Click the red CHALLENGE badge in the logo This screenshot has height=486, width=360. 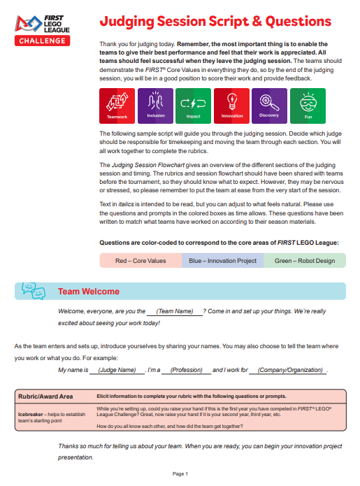pyautogui.click(x=42, y=41)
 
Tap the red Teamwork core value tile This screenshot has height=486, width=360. pyautogui.click(x=117, y=106)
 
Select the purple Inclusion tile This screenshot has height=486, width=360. pyautogui.click(x=155, y=106)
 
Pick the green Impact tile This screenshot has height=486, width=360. pyautogui.click(x=194, y=106)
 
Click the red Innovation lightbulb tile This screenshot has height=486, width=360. pyautogui.click(x=232, y=106)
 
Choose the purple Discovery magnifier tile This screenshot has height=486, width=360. pyautogui.click(x=270, y=106)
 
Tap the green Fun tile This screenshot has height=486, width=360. pyautogui.click(x=308, y=106)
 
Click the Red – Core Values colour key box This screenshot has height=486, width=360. pyautogui.click(x=141, y=260)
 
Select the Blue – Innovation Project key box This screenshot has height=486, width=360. pyautogui.click(x=223, y=260)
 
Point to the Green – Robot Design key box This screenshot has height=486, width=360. pyautogui.click(x=305, y=260)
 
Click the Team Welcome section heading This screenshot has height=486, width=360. pyautogui.click(x=89, y=292)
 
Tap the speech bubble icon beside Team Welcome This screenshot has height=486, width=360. pyautogui.click(x=34, y=291)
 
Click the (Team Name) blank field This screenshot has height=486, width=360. pyautogui.click(x=175, y=311)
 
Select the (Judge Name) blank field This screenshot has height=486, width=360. pyautogui.click(x=117, y=370)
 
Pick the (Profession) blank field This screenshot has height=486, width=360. pyautogui.click(x=187, y=370)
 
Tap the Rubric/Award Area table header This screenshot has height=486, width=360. pyautogui.click(x=45, y=396)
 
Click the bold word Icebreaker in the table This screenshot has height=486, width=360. pyautogui.click(x=30, y=415)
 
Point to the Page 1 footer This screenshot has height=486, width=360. pyautogui.click(x=180, y=474)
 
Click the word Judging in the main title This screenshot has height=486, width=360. pyautogui.click(x=127, y=22)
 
